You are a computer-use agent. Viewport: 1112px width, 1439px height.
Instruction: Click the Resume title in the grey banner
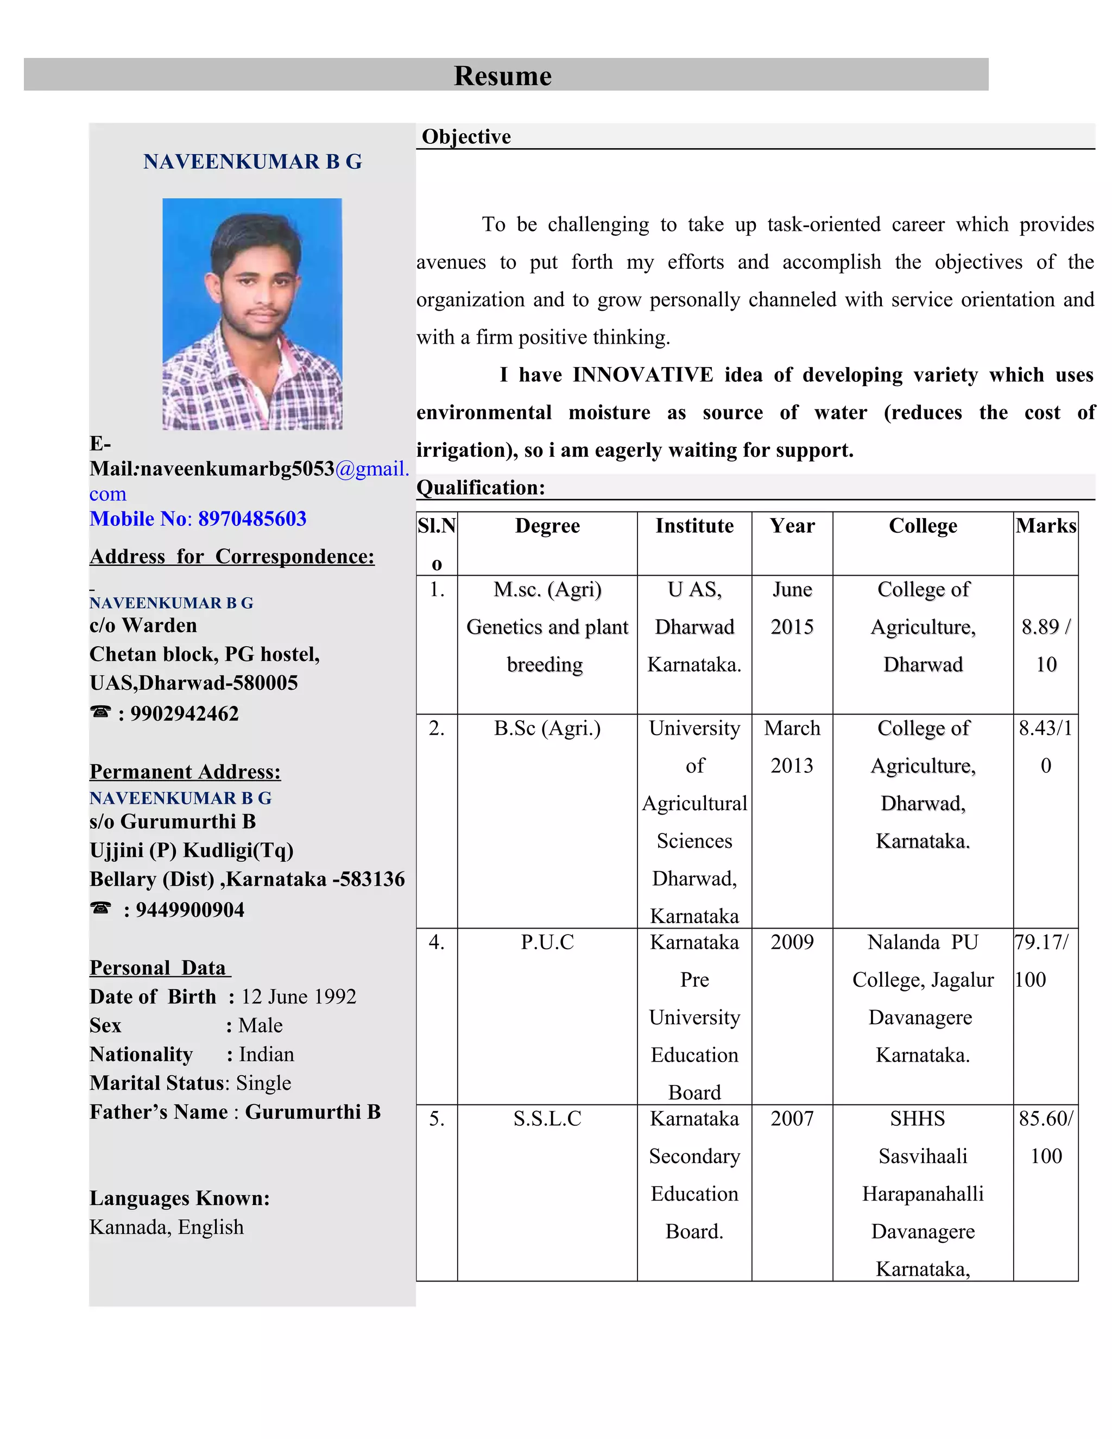502,76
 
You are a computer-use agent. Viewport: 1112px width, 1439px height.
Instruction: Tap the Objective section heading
466,136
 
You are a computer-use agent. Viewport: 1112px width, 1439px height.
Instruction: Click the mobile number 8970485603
252,519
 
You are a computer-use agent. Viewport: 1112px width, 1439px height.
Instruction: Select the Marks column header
1045,526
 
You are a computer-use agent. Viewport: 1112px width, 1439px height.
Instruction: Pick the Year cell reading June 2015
792,608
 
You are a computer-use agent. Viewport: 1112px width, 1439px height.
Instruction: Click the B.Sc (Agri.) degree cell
547,728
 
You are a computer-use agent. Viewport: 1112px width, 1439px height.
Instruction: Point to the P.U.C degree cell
547,942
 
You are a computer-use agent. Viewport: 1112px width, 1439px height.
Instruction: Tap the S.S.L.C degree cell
547,1118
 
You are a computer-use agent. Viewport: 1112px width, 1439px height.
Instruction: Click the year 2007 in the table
792,1118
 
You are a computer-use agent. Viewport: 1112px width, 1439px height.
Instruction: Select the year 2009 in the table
792,942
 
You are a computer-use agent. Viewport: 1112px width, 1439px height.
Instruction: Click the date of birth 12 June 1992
299,996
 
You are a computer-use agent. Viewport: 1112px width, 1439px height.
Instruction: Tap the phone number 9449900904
189,910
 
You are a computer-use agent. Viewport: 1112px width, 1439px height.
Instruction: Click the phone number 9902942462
185,714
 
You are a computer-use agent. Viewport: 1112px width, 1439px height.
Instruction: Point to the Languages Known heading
180,1198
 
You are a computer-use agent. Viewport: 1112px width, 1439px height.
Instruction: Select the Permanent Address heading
185,772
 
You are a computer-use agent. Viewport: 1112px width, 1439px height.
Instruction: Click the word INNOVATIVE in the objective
642,375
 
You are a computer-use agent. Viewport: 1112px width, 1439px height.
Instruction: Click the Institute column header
694,526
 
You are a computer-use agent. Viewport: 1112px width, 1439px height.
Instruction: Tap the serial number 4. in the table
436,942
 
